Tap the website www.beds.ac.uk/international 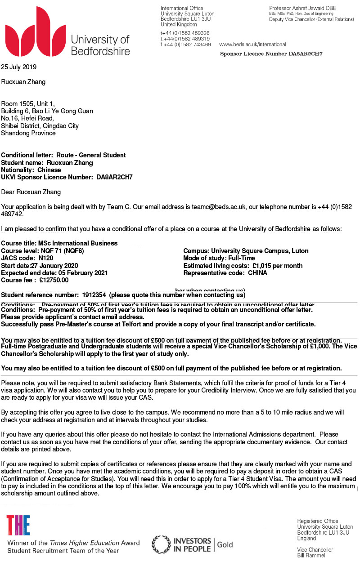click(252, 45)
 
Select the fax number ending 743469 click(185, 45)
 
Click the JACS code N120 click(46, 258)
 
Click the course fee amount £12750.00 click(54, 280)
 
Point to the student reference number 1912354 click(94, 295)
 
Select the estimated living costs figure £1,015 click(261, 265)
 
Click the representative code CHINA click(257, 273)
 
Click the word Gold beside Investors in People click(225, 544)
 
